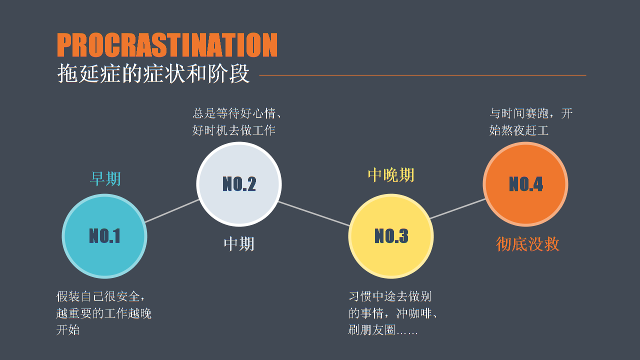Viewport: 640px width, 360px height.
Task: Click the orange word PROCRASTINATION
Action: pyautogui.click(x=167, y=45)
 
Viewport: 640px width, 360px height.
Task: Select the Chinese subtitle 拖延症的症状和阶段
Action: pyautogui.click(x=153, y=73)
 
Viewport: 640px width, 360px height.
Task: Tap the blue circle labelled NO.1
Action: pyautogui.click(x=104, y=236)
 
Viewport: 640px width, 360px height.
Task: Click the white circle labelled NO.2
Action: pyautogui.click(x=239, y=184)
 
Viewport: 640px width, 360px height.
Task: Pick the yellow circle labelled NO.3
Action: pyautogui.click(x=391, y=236)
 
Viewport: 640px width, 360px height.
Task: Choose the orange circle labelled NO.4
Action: pyautogui.click(x=525, y=184)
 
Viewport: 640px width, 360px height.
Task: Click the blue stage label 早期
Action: pyautogui.click(x=105, y=179)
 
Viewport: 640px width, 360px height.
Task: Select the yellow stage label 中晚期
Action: pyautogui.click(x=391, y=175)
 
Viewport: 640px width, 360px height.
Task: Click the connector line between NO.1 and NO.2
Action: pyautogui.click(x=172, y=211)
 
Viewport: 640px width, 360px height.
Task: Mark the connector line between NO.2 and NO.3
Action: pyautogui.click(x=314, y=213)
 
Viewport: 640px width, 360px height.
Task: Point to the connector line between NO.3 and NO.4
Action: pyautogui.click(x=457, y=208)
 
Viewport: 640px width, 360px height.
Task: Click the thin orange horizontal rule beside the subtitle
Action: pyautogui.click(x=422, y=75)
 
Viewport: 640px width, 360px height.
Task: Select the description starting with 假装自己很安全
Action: pyautogui.click(x=103, y=313)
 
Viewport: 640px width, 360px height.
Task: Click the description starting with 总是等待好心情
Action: pyautogui.click(x=237, y=121)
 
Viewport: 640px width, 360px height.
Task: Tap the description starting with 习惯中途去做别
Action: pyautogui.click(x=393, y=313)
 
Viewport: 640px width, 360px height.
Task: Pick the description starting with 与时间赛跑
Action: pyautogui.click(x=531, y=121)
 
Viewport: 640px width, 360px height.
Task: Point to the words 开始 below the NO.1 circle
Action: pyautogui.click(x=67, y=330)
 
